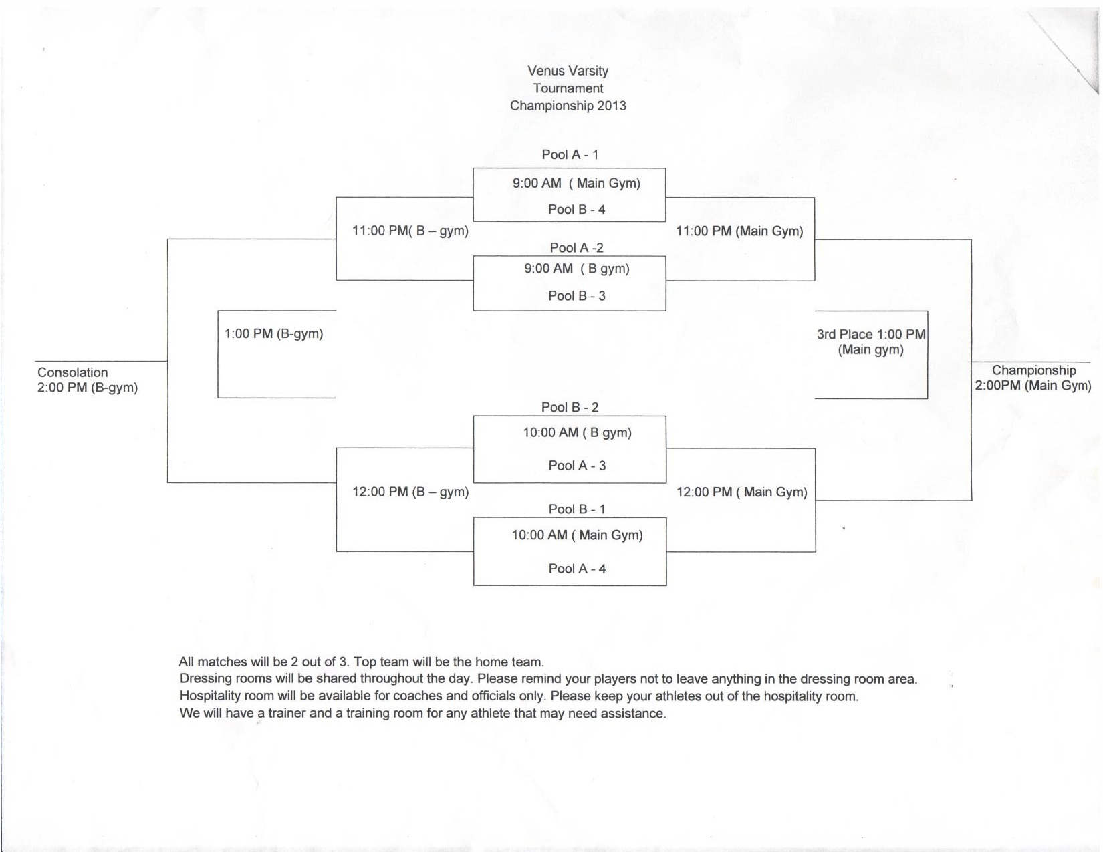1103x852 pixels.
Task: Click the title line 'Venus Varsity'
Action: tap(568, 71)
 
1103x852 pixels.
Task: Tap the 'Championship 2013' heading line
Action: tap(568, 106)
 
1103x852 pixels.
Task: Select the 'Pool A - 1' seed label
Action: tap(570, 154)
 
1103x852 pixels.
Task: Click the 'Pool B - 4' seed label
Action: tap(576, 209)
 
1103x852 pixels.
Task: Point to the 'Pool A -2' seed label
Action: tap(576, 247)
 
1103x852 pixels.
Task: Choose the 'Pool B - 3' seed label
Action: tap(576, 295)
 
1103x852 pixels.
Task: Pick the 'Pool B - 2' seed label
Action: tap(570, 407)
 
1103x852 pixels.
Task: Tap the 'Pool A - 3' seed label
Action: tap(577, 466)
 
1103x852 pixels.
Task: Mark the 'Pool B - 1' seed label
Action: tap(577, 509)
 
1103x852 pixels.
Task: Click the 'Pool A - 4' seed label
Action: tap(577, 569)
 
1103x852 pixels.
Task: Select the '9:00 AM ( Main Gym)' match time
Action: tap(576, 183)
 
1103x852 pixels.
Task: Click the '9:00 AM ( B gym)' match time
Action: tap(576, 269)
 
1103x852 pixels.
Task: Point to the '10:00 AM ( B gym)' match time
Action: tap(577, 432)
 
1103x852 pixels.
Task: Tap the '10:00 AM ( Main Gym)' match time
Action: tap(577, 535)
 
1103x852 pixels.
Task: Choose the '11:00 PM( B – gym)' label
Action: tap(410, 231)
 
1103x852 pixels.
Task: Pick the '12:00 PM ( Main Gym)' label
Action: tap(741, 492)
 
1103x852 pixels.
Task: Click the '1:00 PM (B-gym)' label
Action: tap(273, 333)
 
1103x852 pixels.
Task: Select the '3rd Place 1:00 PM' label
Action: tap(870, 334)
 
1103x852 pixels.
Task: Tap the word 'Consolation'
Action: tap(72, 372)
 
